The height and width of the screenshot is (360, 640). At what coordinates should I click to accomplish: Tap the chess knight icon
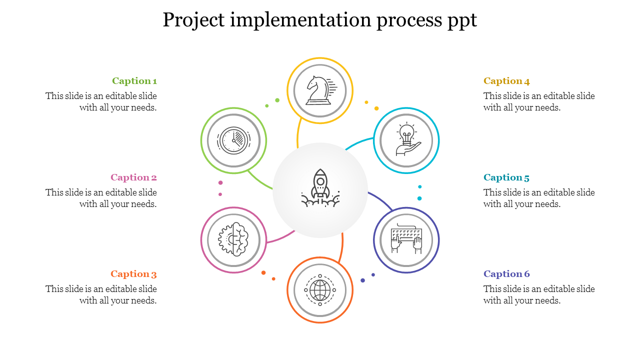click(x=320, y=90)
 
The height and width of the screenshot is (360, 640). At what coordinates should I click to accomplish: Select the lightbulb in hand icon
click(x=406, y=140)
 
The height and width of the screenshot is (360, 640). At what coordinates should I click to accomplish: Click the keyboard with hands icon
click(x=406, y=240)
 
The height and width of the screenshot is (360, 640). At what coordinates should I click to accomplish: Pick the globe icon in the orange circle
click(x=320, y=290)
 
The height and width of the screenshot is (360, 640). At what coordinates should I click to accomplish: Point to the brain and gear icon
click(x=233, y=240)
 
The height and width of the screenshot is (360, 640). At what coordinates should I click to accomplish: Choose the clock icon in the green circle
click(x=233, y=140)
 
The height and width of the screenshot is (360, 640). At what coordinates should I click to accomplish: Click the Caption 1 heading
click(x=134, y=81)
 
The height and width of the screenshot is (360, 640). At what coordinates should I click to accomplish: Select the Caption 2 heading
click(x=133, y=177)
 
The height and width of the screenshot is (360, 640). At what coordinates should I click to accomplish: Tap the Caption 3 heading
click(x=133, y=274)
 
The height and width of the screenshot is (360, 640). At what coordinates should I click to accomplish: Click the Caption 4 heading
click(x=506, y=81)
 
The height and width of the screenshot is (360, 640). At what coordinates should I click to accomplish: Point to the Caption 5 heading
click(x=506, y=177)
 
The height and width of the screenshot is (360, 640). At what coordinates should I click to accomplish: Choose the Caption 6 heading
click(x=506, y=274)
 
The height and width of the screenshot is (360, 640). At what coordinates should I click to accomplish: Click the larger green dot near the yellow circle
click(x=277, y=100)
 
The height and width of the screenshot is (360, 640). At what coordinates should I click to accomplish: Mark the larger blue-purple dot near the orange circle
click(x=363, y=280)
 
